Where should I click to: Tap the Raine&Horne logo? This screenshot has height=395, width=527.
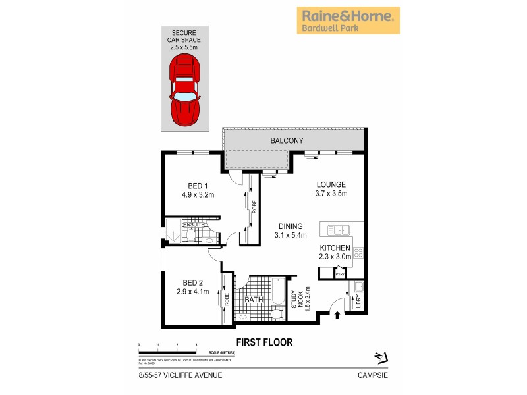[x=348, y=20]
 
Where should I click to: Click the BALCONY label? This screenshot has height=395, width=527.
[x=286, y=141]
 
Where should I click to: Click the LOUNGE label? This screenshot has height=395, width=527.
[x=330, y=184]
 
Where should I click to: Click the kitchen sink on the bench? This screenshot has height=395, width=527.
[x=337, y=230]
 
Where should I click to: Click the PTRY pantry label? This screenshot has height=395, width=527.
[x=341, y=274]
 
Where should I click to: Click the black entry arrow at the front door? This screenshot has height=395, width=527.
[x=337, y=315]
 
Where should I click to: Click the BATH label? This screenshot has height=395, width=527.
[x=254, y=300]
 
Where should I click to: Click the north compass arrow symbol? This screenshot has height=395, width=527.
[x=379, y=356]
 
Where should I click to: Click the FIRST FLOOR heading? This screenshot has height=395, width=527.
[x=263, y=342]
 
